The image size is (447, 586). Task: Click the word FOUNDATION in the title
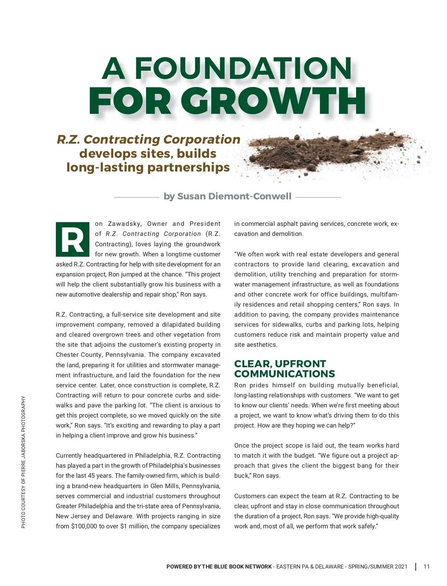pyautogui.click(x=243, y=68)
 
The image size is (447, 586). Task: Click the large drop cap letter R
pyautogui.click(x=73, y=239)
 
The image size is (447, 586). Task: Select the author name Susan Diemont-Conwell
pyautogui.click(x=234, y=196)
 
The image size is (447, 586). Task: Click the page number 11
pyautogui.click(x=427, y=567)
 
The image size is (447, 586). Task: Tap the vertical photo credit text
pyautogui.click(x=23, y=461)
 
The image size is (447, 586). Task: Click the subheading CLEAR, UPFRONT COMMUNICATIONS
pyautogui.click(x=285, y=369)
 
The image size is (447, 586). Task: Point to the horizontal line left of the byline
pyautogui.click(x=136, y=197)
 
